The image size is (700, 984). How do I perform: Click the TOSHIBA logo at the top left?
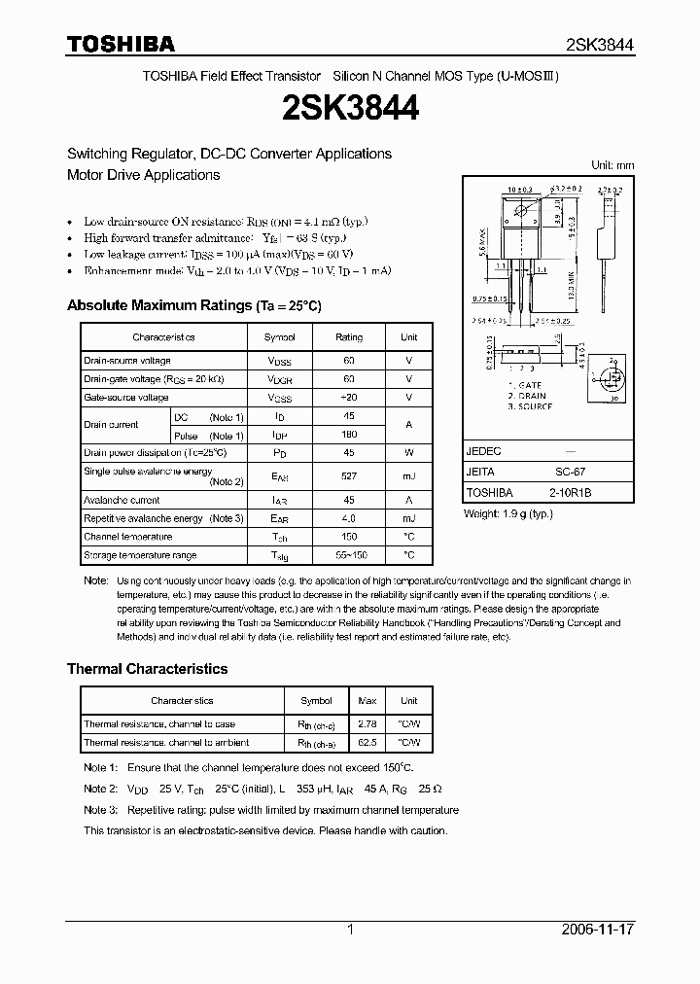tap(121, 44)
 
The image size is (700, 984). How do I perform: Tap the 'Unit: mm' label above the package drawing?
tap(612, 165)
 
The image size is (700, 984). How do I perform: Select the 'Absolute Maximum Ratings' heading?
tap(193, 305)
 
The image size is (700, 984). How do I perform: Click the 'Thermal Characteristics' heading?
tap(147, 669)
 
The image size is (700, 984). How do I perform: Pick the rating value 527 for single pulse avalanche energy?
tap(349, 476)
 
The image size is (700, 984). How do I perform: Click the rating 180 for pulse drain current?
tap(349, 435)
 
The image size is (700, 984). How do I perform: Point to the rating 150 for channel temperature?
tap(349, 537)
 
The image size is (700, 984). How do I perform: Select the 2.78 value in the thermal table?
tap(367, 724)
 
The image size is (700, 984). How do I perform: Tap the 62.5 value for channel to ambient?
tap(367, 743)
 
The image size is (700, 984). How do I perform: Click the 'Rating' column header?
tap(349, 337)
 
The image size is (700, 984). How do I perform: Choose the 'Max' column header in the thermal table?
tap(367, 701)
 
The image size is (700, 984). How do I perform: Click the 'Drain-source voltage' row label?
tap(127, 361)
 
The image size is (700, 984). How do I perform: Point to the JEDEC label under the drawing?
tap(482, 452)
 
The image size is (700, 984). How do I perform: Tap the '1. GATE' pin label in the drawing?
tap(526, 386)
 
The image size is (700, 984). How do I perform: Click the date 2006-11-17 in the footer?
tap(598, 930)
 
